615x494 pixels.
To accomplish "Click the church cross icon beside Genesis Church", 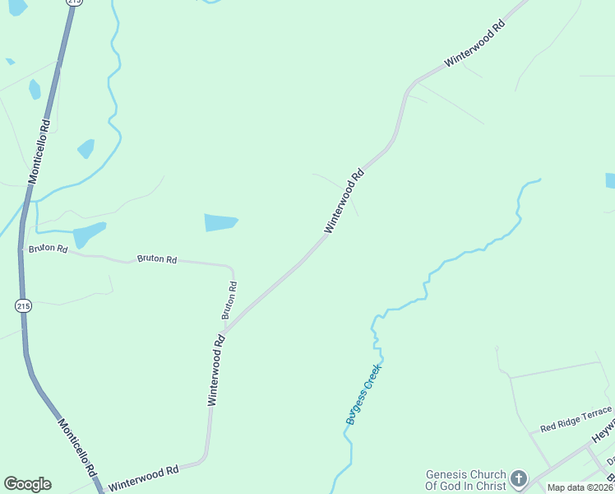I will pyautogui.click(x=519, y=478).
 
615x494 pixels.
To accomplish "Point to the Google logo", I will pyautogui.click(x=27, y=484).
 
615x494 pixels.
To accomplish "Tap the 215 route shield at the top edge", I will pyautogui.click(x=76, y=2).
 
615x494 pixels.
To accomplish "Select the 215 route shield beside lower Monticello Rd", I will pyautogui.click(x=23, y=305).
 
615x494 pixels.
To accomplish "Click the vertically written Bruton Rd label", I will pyautogui.click(x=229, y=301).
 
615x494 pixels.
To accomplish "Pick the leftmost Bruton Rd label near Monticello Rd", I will pyautogui.click(x=48, y=248).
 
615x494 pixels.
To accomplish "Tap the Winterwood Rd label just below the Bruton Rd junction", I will pyautogui.click(x=215, y=369).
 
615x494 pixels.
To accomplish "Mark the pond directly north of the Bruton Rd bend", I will pyautogui.click(x=220, y=222).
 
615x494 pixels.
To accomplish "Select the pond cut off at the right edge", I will pyautogui.click(x=610, y=181).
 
